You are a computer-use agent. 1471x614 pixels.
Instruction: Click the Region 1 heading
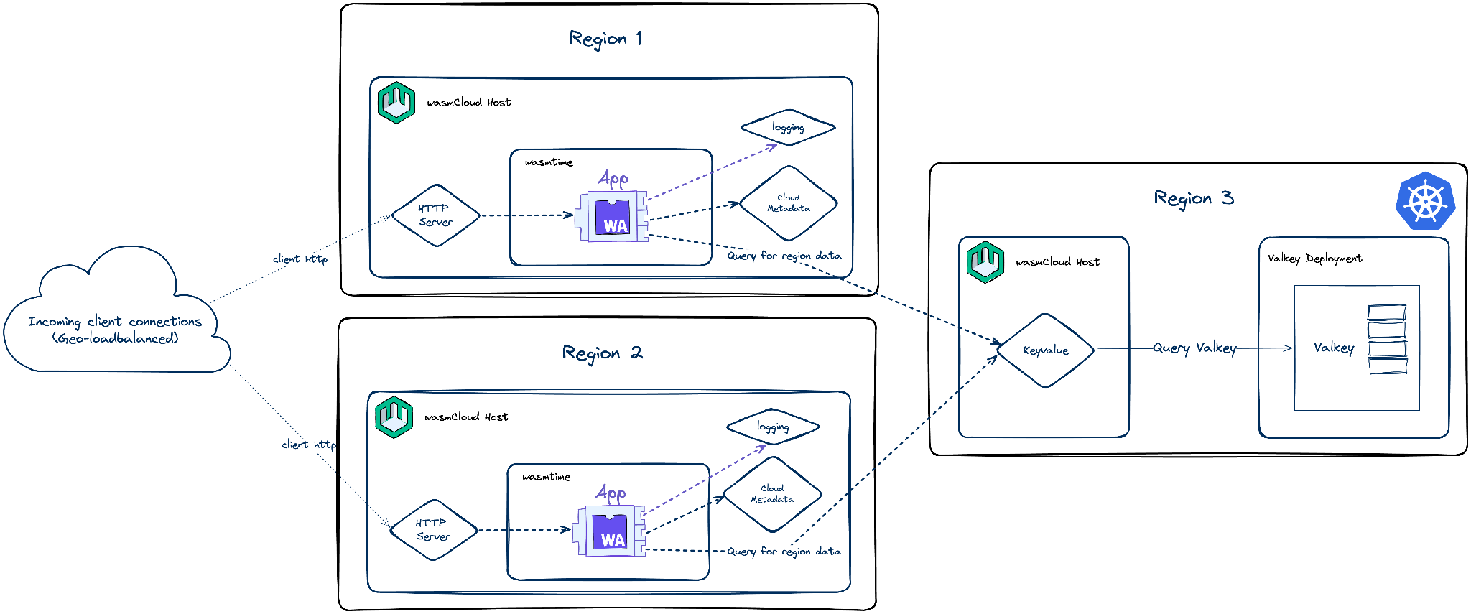pyautogui.click(x=605, y=39)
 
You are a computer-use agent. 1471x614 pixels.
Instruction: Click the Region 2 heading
pyautogui.click(x=602, y=353)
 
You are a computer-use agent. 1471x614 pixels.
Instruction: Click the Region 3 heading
pyautogui.click(x=1194, y=198)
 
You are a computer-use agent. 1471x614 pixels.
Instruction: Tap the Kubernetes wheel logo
pyautogui.click(x=1425, y=201)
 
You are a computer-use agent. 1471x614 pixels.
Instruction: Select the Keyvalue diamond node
pyautogui.click(x=1045, y=350)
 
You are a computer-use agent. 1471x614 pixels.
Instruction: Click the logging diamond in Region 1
pyautogui.click(x=788, y=128)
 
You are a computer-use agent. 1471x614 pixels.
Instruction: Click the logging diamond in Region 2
pyautogui.click(x=773, y=427)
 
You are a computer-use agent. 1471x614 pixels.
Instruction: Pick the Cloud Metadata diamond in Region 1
pyautogui.click(x=788, y=203)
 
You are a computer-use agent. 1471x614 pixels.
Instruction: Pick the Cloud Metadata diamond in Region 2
pyautogui.click(x=772, y=494)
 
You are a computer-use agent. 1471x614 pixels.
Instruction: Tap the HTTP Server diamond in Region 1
pyautogui.click(x=435, y=215)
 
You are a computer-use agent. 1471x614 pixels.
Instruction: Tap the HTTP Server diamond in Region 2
pyautogui.click(x=433, y=530)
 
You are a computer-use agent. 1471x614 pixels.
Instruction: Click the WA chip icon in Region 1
pyautogui.click(x=612, y=216)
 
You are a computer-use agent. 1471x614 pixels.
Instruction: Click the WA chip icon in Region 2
pyautogui.click(x=610, y=531)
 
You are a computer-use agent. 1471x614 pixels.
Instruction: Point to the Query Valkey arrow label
pyautogui.click(x=1194, y=348)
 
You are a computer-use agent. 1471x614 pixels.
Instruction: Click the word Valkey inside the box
pyautogui.click(x=1334, y=348)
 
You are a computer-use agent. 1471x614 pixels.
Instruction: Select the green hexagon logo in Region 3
pyautogui.click(x=985, y=261)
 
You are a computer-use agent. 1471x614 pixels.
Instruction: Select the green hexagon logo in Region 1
pyautogui.click(x=396, y=102)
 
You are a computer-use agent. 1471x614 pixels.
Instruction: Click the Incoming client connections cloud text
pyautogui.click(x=115, y=330)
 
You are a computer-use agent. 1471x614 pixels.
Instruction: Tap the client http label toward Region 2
pyautogui.click(x=309, y=445)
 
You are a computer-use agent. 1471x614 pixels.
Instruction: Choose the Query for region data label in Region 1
pyautogui.click(x=784, y=256)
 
